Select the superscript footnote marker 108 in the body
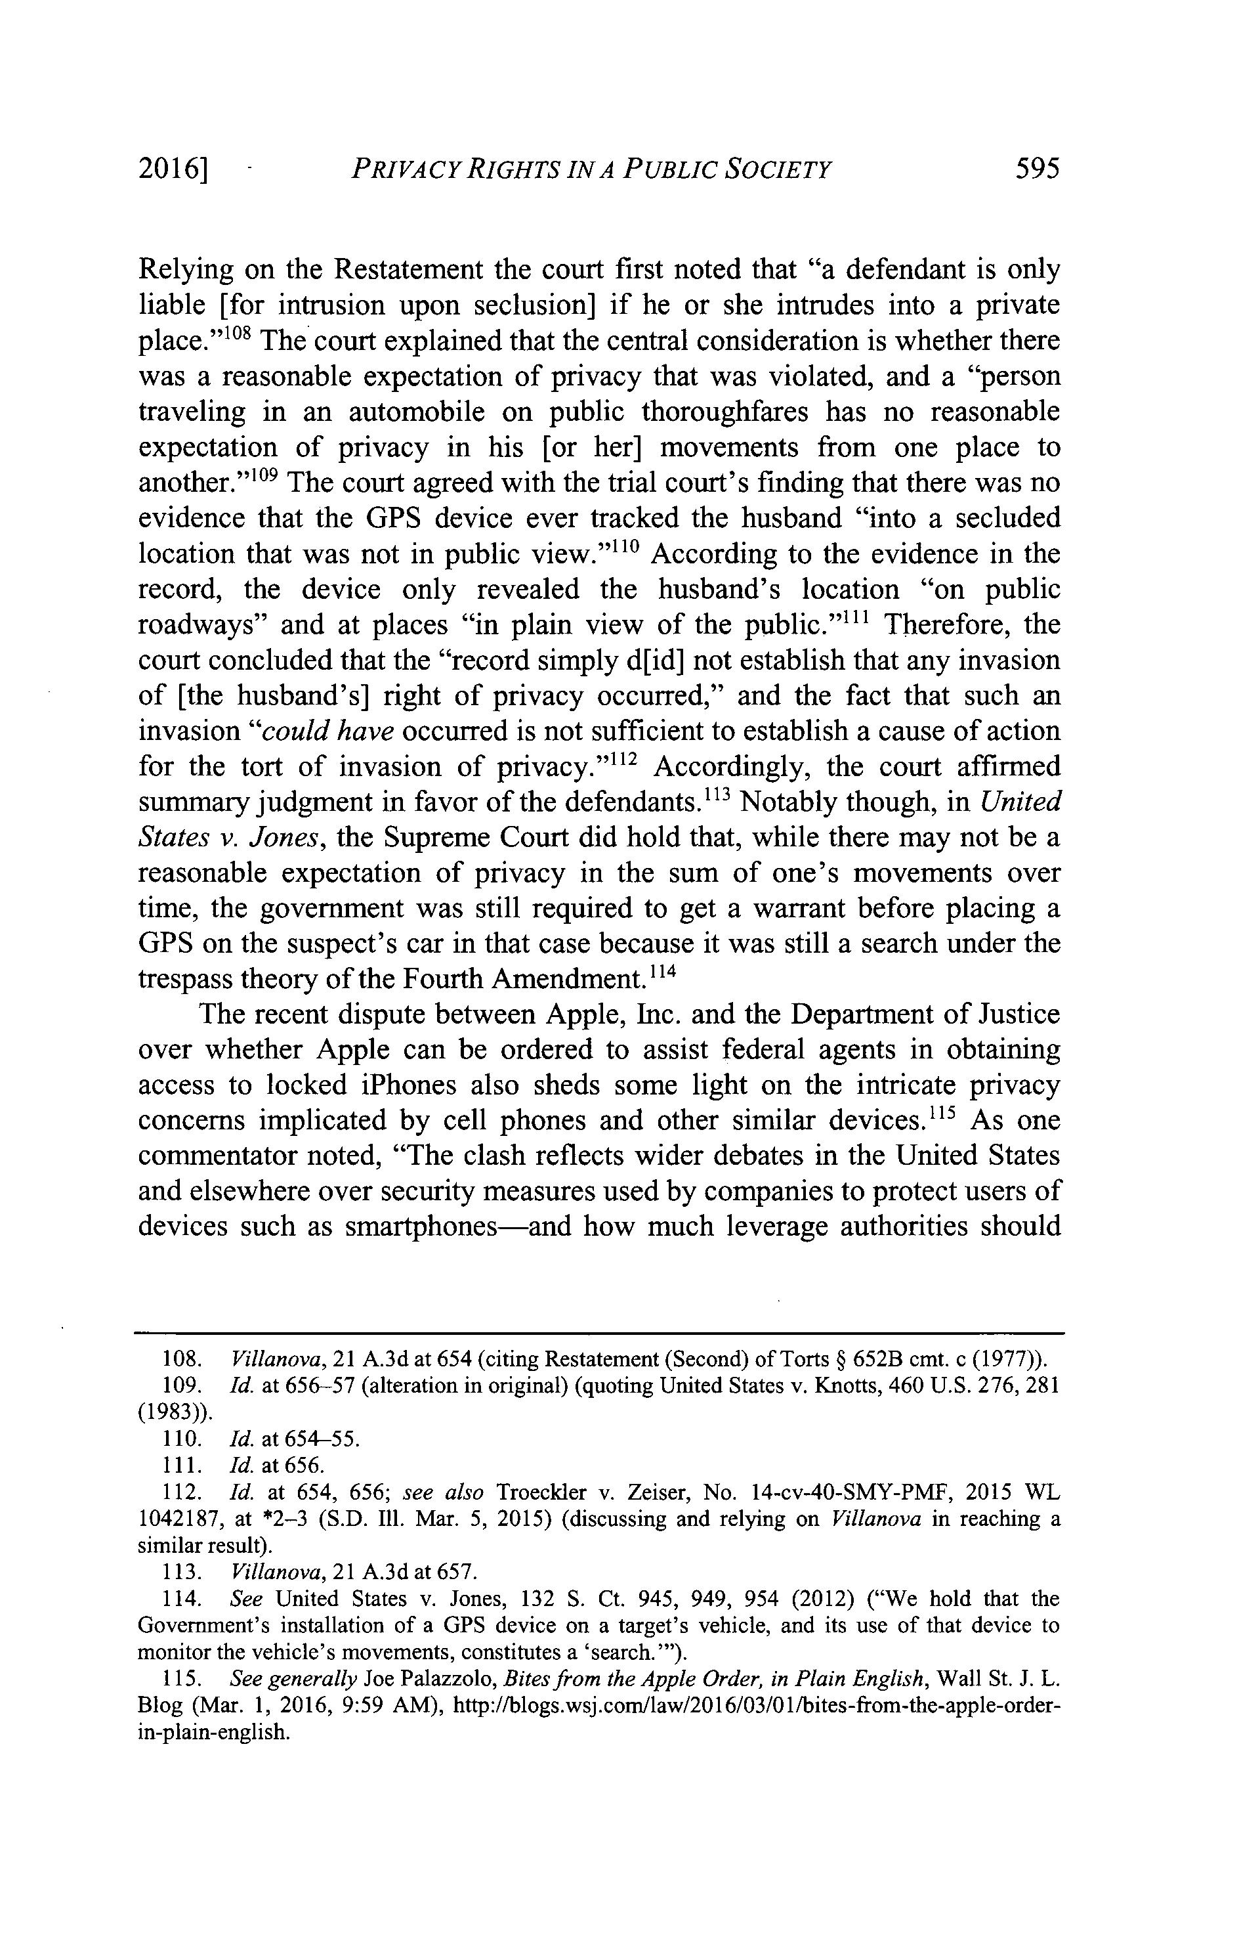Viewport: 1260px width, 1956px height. (243, 332)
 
